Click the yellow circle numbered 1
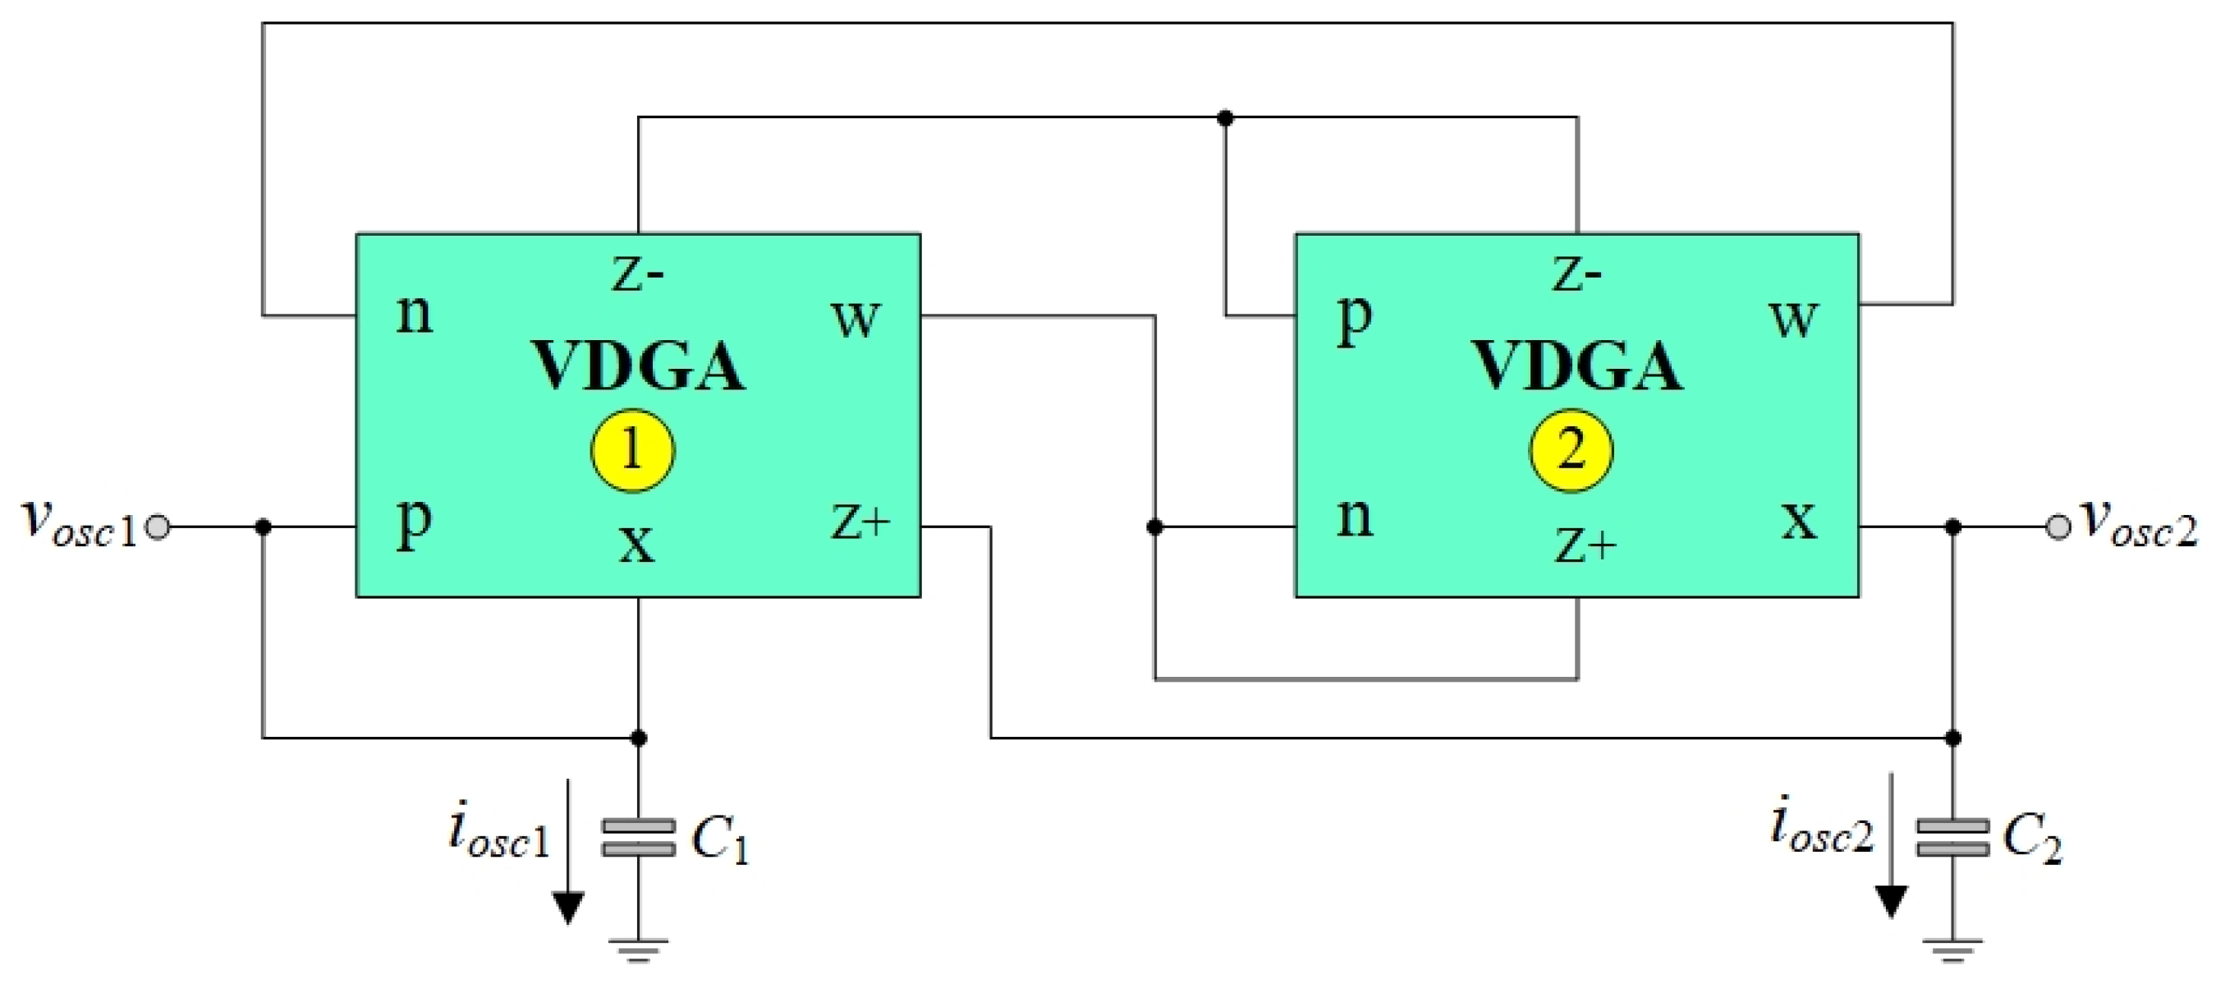click(x=632, y=450)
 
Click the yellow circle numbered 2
click(x=1571, y=450)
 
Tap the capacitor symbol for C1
click(x=638, y=838)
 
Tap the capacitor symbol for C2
click(x=1952, y=838)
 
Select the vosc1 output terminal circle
click(x=158, y=527)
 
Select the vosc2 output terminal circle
click(x=2058, y=527)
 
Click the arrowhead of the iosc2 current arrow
click(x=1891, y=901)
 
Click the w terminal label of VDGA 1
click(x=856, y=319)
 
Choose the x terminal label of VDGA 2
click(x=1799, y=520)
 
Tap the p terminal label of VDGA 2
click(x=1354, y=319)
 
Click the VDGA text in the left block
click(x=638, y=367)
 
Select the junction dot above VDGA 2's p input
click(x=1225, y=118)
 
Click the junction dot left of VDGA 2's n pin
click(x=1154, y=527)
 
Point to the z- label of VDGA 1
click(x=637, y=275)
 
